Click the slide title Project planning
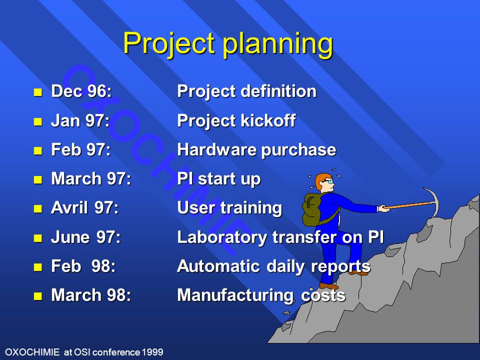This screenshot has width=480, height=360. (228, 44)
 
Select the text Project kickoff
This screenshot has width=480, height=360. (236, 120)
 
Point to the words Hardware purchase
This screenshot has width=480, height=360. (256, 149)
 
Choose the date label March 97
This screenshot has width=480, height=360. (91, 179)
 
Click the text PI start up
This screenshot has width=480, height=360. (219, 179)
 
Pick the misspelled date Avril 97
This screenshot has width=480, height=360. (85, 208)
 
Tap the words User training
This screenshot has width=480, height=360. (229, 208)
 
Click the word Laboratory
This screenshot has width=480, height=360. (222, 237)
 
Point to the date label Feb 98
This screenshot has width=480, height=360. (83, 266)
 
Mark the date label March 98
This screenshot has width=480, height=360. (91, 295)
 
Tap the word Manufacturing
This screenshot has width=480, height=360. (235, 295)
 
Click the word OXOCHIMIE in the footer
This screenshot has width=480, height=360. (32, 352)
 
